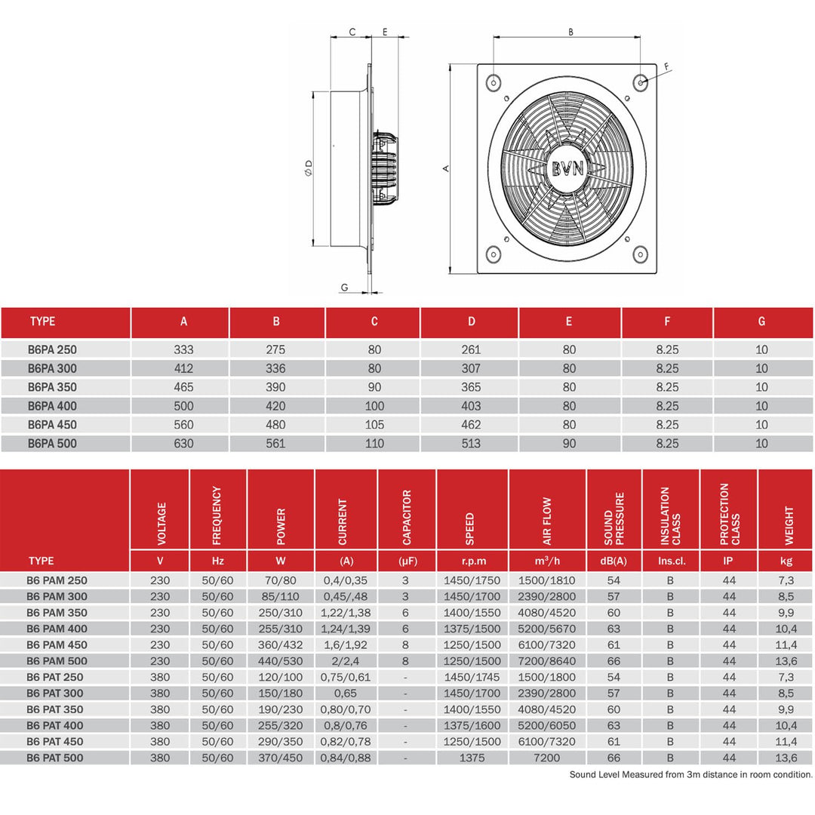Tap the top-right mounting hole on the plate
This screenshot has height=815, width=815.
[640, 81]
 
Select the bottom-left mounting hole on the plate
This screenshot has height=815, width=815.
[493, 254]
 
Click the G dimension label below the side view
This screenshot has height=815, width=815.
[344, 287]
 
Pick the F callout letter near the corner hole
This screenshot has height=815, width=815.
[666, 67]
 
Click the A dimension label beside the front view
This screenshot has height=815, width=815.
[446, 168]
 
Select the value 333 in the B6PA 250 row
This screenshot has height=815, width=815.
[183, 350]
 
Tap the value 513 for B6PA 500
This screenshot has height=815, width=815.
[471, 444]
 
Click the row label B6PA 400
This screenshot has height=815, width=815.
[52, 406]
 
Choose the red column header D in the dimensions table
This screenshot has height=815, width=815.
[471, 321]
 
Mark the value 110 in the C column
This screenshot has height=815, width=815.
[374, 444]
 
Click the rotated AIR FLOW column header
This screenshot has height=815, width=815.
[547, 521]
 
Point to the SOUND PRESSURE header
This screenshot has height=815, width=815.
[614, 519]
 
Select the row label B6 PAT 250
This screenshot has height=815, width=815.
[55, 677]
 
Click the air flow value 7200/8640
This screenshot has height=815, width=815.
[547, 661]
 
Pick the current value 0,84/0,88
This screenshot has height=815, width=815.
[346, 758]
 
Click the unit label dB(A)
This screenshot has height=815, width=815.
[614, 561]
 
